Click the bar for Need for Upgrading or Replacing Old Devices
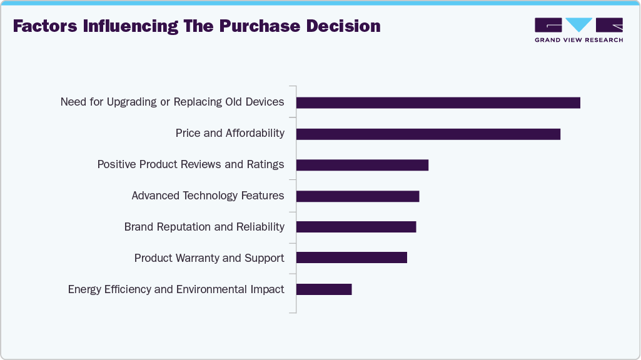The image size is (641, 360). click(438, 102)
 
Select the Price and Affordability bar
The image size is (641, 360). click(428, 134)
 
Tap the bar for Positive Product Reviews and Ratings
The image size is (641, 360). click(362, 165)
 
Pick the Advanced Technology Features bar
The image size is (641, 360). click(357, 196)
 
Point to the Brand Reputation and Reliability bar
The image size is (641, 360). click(356, 227)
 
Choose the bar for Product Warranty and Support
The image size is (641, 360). click(351, 257)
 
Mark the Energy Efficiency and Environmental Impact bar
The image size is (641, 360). click(323, 289)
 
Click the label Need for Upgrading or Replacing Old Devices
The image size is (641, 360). click(172, 102)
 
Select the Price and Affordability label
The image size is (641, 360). click(230, 133)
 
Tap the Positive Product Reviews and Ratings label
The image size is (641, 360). click(190, 164)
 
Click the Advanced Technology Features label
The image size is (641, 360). click(208, 196)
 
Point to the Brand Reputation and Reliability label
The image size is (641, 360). click(204, 227)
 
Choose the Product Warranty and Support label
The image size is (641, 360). click(209, 258)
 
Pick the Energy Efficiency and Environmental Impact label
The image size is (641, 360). click(176, 289)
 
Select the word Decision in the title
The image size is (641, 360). click(343, 26)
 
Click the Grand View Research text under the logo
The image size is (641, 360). click(578, 40)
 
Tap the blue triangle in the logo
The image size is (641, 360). click(579, 24)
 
